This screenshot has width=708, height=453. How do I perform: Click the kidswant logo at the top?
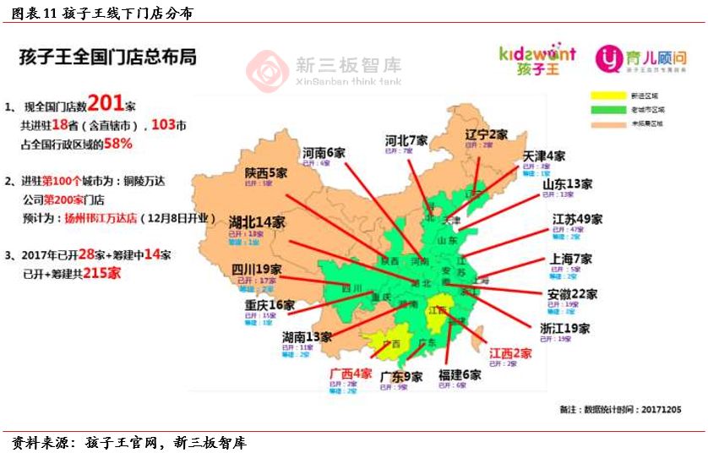click(537, 60)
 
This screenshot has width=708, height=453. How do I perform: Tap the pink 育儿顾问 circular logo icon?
click(609, 58)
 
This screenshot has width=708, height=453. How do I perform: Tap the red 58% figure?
click(118, 144)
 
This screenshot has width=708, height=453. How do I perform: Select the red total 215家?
click(102, 273)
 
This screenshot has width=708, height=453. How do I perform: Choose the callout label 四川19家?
click(257, 270)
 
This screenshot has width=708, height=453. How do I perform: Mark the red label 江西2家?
click(510, 353)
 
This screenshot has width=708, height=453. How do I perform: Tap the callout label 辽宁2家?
click(486, 134)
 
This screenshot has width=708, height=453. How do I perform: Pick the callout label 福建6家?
click(460, 375)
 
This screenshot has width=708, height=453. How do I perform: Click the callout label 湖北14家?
click(257, 222)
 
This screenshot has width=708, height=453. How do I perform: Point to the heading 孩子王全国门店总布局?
click(108, 57)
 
